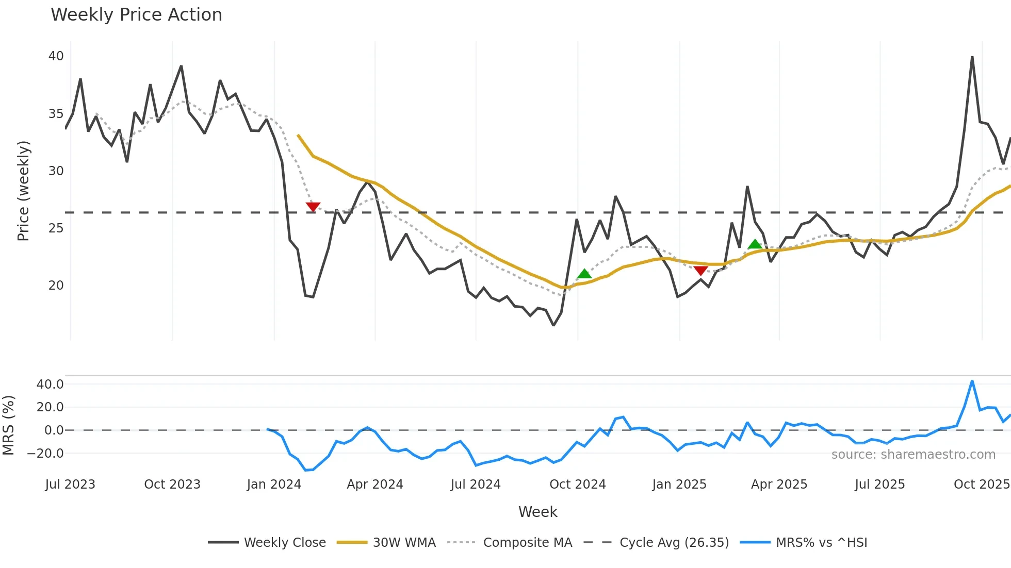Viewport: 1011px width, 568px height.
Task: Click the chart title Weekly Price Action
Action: (x=136, y=15)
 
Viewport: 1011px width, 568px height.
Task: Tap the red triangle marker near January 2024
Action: (x=313, y=207)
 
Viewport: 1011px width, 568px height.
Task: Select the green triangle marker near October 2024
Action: (x=584, y=274)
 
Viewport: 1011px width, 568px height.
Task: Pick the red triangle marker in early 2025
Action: (x=700, y=271)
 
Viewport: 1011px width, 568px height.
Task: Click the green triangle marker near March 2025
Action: (x=755, y=244)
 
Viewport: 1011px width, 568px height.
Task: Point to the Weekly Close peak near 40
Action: (x=972, y=57)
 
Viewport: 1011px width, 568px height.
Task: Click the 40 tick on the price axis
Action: (x=56, y=56)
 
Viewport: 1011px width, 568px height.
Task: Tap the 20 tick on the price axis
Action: (x=56, y=286)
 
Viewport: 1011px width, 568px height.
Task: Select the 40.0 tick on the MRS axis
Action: (x=50, y=384)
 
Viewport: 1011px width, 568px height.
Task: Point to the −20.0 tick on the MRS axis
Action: (x=45, y=454)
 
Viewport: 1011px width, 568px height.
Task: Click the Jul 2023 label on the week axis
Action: (x=70, y=485)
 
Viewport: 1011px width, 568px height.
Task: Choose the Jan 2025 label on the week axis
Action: (x=679, y=485)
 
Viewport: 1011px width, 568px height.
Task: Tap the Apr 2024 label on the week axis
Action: (x=375, y=485)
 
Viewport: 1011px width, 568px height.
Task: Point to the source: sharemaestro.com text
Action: (x=913, y=455)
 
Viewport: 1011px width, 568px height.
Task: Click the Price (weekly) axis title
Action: (x=24, y=191)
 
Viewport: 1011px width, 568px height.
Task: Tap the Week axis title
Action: (x=537, y=512)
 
